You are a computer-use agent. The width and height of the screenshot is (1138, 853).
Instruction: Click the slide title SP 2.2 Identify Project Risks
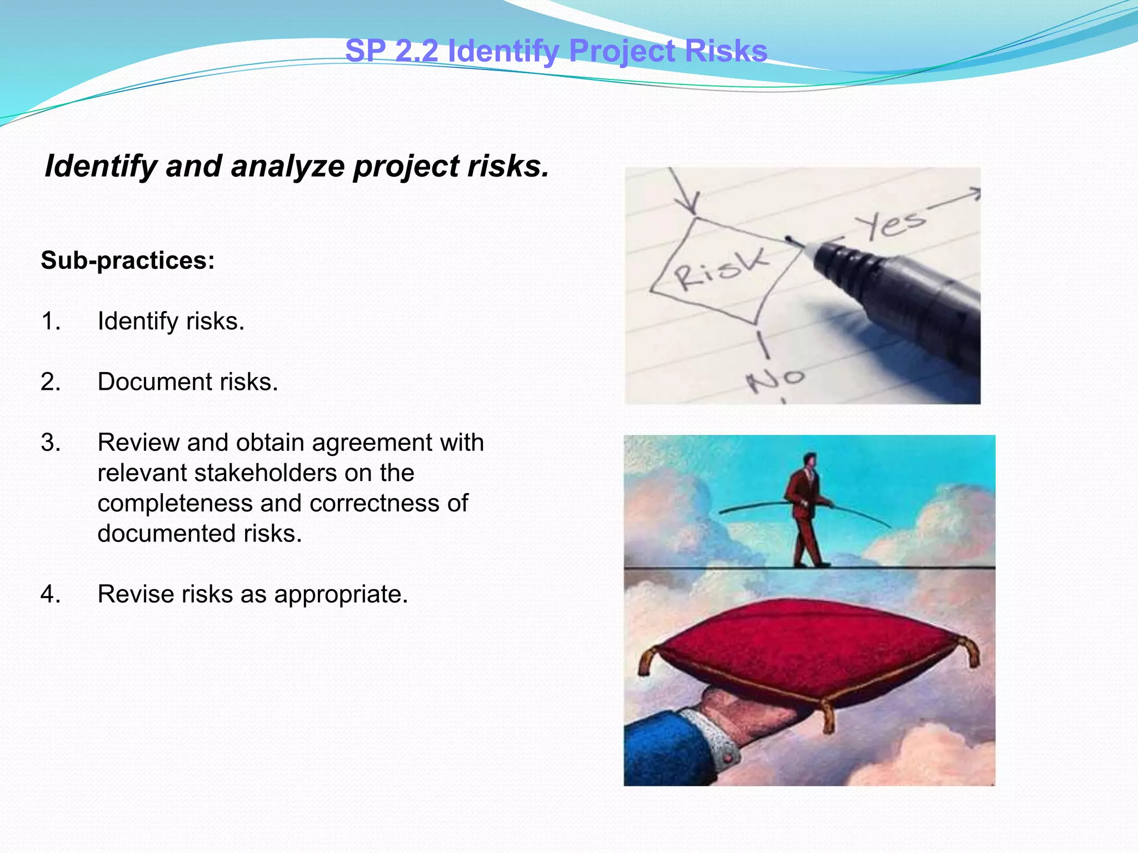[556, 51]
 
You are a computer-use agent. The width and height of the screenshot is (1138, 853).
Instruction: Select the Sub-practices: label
[128, 260]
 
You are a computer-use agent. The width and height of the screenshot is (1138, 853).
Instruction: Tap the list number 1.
[51, 322]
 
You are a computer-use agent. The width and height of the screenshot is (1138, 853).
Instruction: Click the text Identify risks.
[171, 322]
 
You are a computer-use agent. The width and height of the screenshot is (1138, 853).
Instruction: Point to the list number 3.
[51, 443]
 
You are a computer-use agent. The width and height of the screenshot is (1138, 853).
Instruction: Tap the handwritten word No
[776, 379]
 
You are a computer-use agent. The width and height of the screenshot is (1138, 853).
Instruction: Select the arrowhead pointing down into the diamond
[691, 207]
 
